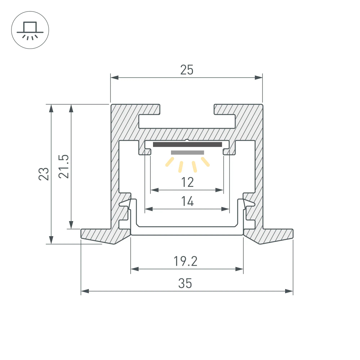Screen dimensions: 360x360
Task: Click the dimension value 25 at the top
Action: [187, 70]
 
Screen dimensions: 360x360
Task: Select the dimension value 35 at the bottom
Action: [185, 284]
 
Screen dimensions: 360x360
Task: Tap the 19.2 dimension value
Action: [186, 261]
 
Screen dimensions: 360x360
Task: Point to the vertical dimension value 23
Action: [44, 174]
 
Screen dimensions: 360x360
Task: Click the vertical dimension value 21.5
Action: [64, 167]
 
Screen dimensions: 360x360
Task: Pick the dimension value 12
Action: [187, 182]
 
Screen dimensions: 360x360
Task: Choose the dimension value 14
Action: [187, 202]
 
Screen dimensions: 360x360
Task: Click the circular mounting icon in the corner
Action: [30, 30]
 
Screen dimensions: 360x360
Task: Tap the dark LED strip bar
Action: [187, 145]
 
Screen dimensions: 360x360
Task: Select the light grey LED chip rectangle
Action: [187, 153]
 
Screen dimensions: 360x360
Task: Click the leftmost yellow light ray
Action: [168, 162]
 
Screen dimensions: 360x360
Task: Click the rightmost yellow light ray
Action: [206, 162]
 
